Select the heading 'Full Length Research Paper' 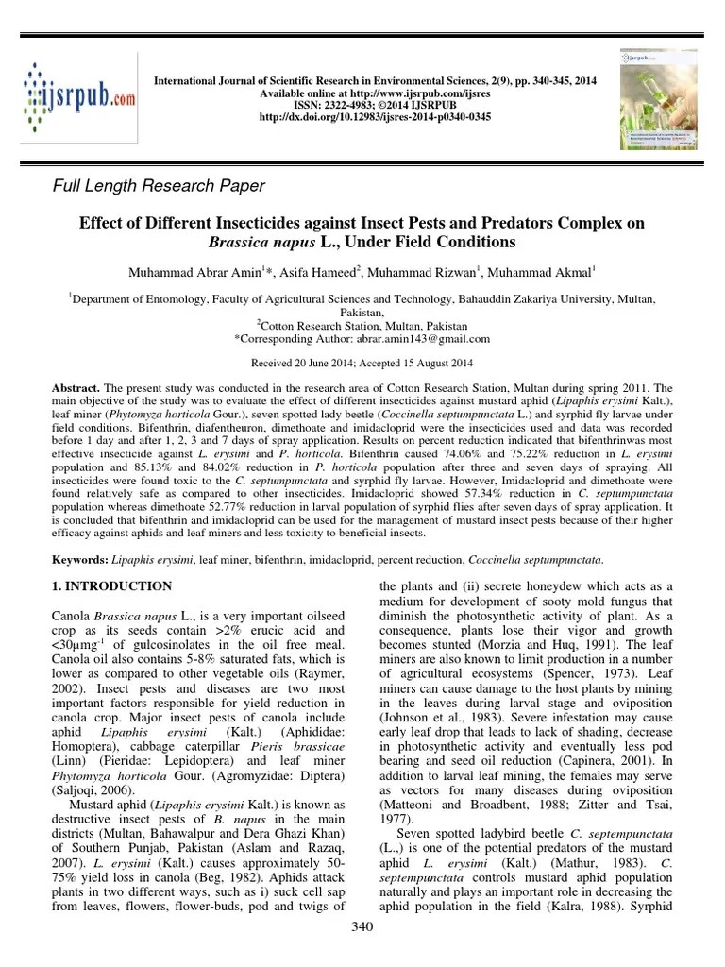[x=158, y=186]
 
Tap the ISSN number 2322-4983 [x=338, y=105]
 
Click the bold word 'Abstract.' [x=76, y=388]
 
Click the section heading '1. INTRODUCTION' [x=111, y=586]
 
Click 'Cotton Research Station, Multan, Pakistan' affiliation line [x=362, y=325]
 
